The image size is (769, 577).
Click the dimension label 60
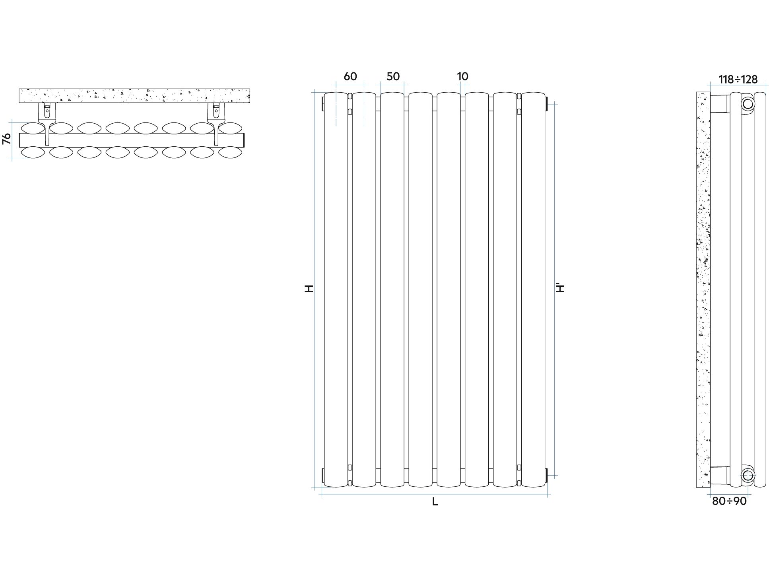pos(350,76)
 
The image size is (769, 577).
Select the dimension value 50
pos(393,76)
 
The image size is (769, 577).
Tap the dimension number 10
pos(462,76)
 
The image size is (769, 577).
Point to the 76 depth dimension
pos(7,139)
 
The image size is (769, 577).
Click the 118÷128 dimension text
pos(738,80)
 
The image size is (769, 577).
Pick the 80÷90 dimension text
pos(729,501)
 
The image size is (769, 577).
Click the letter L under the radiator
pos(435,502)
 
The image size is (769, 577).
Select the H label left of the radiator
pos(309,289)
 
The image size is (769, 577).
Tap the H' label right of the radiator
pos(560,288)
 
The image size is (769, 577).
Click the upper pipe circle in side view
pos(748,104)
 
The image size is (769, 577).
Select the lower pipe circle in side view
pos(748,475)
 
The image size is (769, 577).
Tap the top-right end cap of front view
pos(547,103)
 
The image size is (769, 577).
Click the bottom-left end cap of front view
pos(322,475)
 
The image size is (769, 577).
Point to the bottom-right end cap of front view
pos(547,475)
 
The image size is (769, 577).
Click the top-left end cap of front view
pos(322,103)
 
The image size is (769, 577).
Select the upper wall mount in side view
pos(720,104)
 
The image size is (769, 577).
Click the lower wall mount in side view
pos(720,475)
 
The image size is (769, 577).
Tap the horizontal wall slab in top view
pos(134,96)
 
